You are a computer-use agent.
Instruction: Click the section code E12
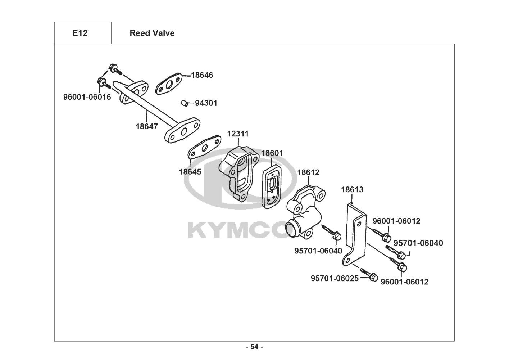[x=80, y=33]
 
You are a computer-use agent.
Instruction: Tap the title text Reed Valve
[x=152, y=33]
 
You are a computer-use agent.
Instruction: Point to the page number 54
[x=255, y=347]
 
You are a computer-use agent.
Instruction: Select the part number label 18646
[x=202, y=75]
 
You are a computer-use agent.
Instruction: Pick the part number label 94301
[x=206, y=103]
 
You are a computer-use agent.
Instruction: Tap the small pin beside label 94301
[x=184, y=103]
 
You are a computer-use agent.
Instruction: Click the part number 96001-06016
[x=87, y=97]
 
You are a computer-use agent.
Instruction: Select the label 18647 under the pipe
[x=146, y=126]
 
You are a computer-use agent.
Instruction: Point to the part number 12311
[x=238, y=134]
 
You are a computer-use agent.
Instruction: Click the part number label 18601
[x=272, y=153]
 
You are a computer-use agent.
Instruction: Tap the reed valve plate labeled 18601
[x=272, y=186]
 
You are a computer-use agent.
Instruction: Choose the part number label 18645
[x=190, y=172]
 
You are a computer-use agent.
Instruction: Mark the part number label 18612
[x=308, y=172]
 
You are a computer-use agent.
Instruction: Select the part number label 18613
[x=352, y=189]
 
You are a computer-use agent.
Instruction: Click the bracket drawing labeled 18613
[x=354, y=235]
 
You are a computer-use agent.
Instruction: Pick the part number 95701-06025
[x=335, y=278]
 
